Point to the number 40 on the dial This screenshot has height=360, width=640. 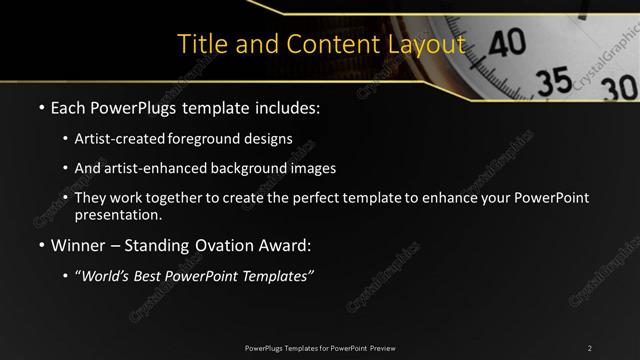[507, 41]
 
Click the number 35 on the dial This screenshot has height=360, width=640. [557, 81]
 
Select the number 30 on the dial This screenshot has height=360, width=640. [617, 88]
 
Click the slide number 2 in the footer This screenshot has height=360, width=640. [590, 347]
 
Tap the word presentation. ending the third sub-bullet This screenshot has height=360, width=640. [117, 214]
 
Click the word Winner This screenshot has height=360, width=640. [78, 244]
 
